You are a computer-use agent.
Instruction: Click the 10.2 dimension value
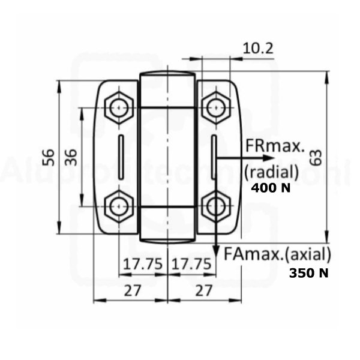click(258, 49)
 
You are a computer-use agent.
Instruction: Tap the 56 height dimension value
click(49, 157)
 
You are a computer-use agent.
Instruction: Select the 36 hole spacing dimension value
click(70, 157)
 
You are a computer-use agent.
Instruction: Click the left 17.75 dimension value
click(143, 264)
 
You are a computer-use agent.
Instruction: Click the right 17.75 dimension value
click(191, 264)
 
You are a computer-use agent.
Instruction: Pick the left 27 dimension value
click(132, 290)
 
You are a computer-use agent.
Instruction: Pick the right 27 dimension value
click(203, 290)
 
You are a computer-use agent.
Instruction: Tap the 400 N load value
click(271, 188)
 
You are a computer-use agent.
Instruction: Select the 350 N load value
click(309, 273)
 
